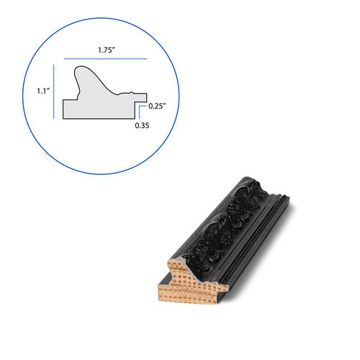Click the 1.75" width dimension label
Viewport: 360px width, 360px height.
(107, 50)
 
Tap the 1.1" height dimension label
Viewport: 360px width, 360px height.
(43, 91)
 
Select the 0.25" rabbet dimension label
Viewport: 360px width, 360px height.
(157, 106)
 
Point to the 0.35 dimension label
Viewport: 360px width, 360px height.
(142, 125)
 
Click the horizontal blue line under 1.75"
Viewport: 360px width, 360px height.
(105, 58)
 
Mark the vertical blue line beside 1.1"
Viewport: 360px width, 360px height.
(54, 91)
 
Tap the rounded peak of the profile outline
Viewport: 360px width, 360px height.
(81, 67)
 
